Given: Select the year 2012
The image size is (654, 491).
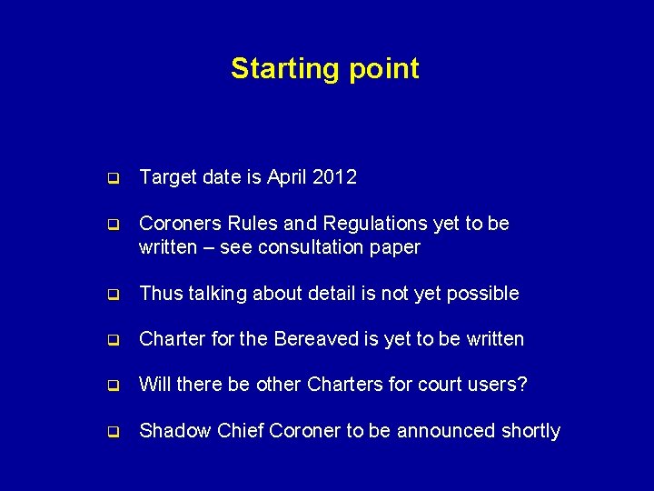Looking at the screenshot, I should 333,177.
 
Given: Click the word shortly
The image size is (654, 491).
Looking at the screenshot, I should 530,431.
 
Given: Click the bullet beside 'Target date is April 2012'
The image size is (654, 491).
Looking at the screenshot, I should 114,178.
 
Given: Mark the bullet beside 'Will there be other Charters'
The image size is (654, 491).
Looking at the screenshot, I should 114,386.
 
